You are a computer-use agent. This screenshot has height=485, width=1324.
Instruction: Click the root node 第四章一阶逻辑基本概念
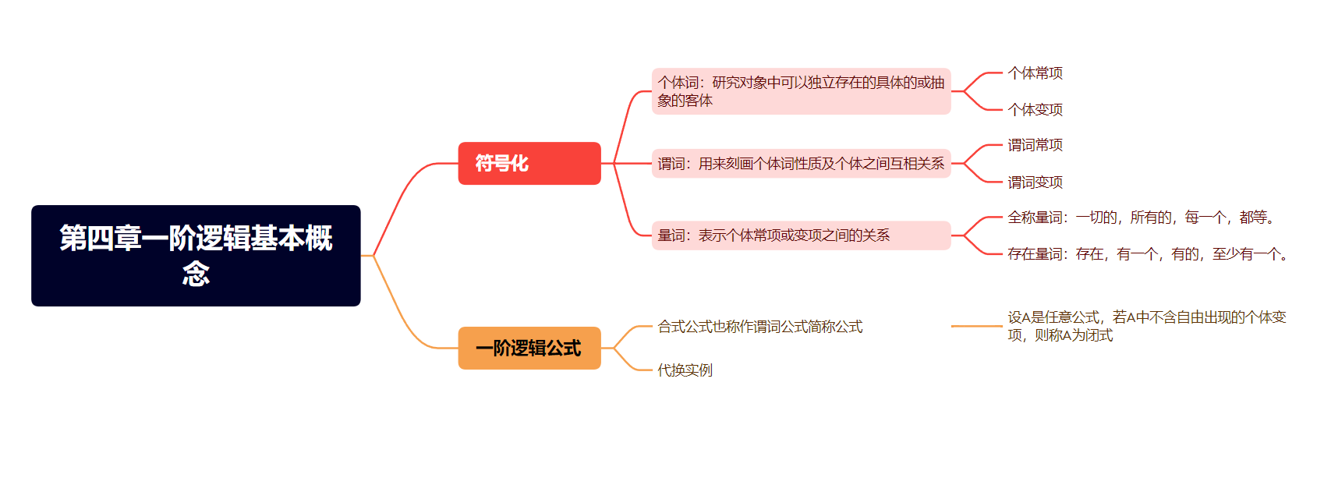(196, 256)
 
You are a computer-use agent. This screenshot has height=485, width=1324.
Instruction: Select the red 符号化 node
(529, 163)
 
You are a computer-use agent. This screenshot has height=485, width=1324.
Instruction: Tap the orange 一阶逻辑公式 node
(529, 348)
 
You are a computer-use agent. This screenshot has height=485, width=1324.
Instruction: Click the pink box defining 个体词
(801, 91)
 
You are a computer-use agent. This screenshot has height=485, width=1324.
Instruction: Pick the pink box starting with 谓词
(801, 163)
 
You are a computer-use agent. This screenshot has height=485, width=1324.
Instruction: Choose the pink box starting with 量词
(801, 235)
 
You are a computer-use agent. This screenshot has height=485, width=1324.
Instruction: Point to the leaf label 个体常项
(1035, 73)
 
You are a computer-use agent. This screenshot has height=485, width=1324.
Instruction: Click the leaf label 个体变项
(1035, 110)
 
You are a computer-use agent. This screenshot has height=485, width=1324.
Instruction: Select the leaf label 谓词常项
(1035, 145)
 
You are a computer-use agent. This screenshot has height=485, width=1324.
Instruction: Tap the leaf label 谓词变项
(1035, 182)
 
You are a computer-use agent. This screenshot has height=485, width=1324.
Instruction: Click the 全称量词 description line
(1143, 218)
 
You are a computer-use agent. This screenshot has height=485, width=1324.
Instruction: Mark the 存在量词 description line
(1149, 254)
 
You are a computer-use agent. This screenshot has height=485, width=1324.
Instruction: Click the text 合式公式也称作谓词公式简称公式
(759, 327)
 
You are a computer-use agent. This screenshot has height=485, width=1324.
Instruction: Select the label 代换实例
(685, 370)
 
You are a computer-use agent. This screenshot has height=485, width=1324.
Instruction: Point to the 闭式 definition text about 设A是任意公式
(1146, 326)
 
